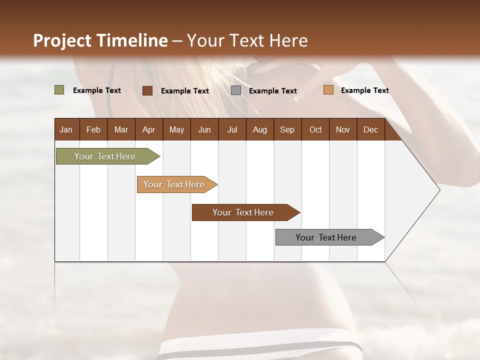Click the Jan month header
click(x=66, y=129)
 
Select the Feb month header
click(x=93, y=129)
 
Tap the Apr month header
click(x=148, y=129)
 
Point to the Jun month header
click(x=204, y=129)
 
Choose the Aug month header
click(x=259, y=129)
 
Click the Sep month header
click(x=287, y=129)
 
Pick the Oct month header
click(x=315, y=129)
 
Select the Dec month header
click(x=370, y=129)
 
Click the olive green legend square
click(x=59, y=90)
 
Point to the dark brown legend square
click(x=147, y=90)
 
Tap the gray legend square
click(x=236, y=90)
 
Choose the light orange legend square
click(x=328, y=90)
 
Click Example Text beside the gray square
click(x=272, y=91)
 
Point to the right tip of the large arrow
click(x=439, y=190)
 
